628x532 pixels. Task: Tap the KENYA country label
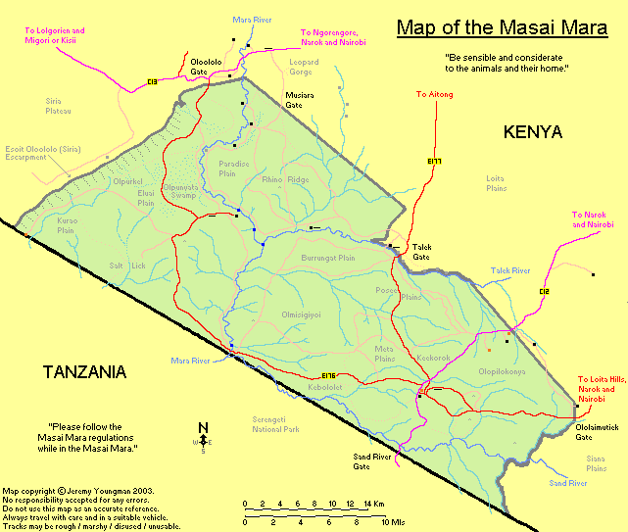click(532, 131)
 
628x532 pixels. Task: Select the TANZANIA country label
click(85, 371)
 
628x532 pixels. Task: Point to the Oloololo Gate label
click(205, 65)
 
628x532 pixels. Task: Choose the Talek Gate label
click(421, 253)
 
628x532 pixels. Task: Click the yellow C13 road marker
click(152, 81)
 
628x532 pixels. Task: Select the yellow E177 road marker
click(435, 161)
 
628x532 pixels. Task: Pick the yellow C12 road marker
click(545, 291)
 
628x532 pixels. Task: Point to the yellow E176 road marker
click(328, 375)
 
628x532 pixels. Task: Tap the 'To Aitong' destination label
click(434, 94)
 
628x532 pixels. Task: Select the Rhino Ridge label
click(285, 179)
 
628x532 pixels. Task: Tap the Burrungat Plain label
click(327, 260)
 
